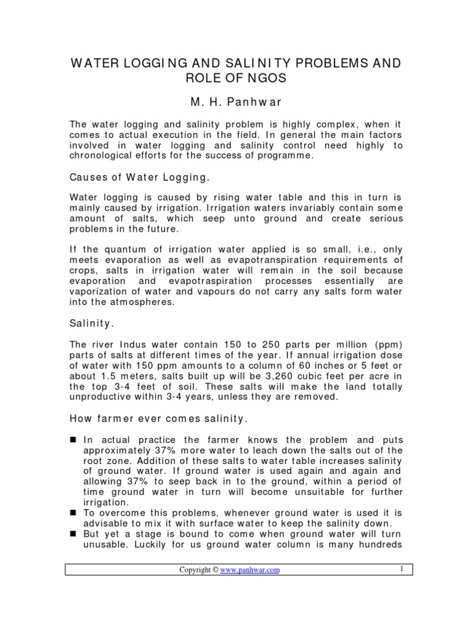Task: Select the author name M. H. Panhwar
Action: (236, 101)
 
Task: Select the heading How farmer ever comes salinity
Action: (158, 420)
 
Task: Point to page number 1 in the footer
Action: (401, 569)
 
